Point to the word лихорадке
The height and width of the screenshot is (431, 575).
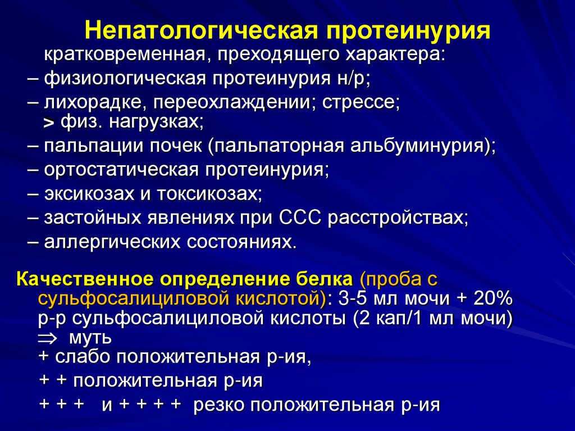click(x=95, y=103)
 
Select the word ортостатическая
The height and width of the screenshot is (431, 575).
click(x=124, y=170)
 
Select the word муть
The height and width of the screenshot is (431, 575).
click(x=89, y=339)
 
